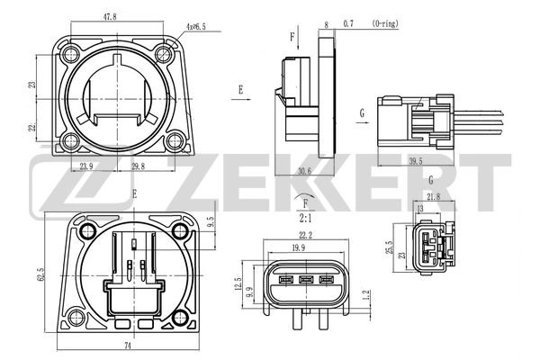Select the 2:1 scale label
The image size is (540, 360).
coord(305,217)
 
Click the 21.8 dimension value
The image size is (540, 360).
coord(434,196)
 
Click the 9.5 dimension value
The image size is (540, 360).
coord(210,221)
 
